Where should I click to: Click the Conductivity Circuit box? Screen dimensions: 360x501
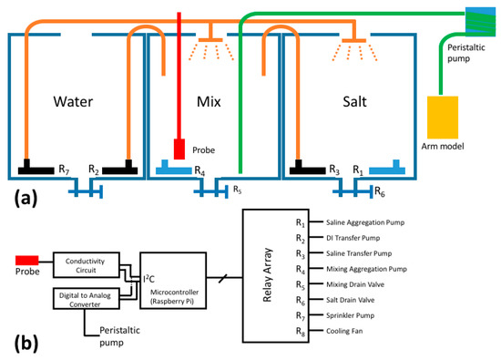pos(88,263)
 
